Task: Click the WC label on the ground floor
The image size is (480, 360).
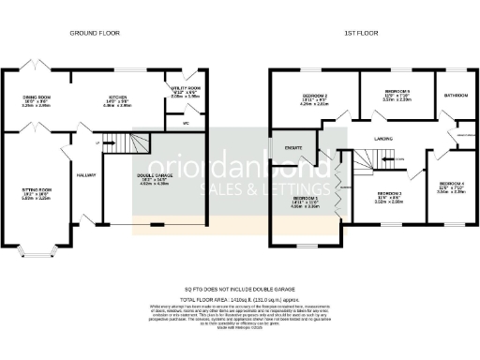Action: tap(186, 122)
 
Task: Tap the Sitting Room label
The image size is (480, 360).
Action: tap(35, 190)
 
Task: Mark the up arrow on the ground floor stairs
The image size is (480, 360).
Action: tap(97, 142)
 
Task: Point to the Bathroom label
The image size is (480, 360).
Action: tap(457, 96)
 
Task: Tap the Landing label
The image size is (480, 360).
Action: tap(382, 139)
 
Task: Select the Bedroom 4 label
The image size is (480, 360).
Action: tap(450, 184)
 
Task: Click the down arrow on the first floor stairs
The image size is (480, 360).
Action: tap(398, 159)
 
